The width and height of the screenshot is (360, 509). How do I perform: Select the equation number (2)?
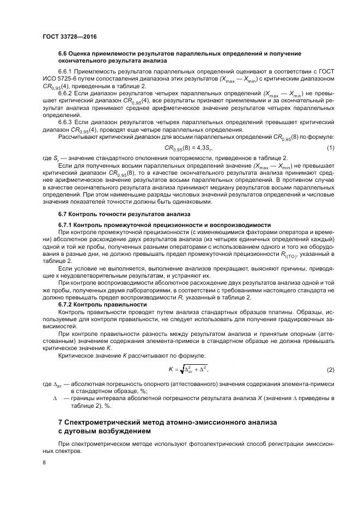(330, 370)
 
